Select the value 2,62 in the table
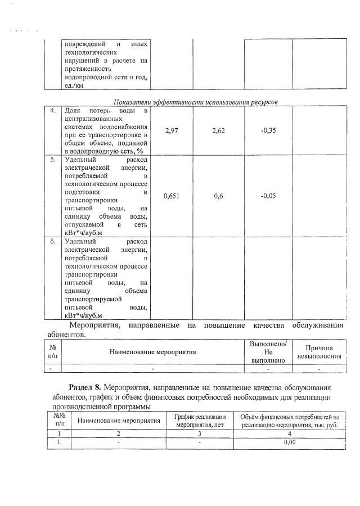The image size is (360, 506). coord(219,130)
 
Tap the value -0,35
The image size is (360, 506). coord(268,130)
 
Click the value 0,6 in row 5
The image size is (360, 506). coord(219,196)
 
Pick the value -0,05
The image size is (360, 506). coord(268,196)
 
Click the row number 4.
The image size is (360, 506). coord(52,110)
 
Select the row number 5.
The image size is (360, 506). coord(52,160)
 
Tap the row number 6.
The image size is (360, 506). coord(52,241)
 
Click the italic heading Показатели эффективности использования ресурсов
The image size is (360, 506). coord(196,102)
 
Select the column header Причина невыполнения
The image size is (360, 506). coord(319,352)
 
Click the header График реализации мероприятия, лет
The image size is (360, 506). coord(200,421)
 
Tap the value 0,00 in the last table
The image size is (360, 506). coord(290,442)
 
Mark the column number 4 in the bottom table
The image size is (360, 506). coord(290,433)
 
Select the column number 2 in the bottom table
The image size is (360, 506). coord(119,433)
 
